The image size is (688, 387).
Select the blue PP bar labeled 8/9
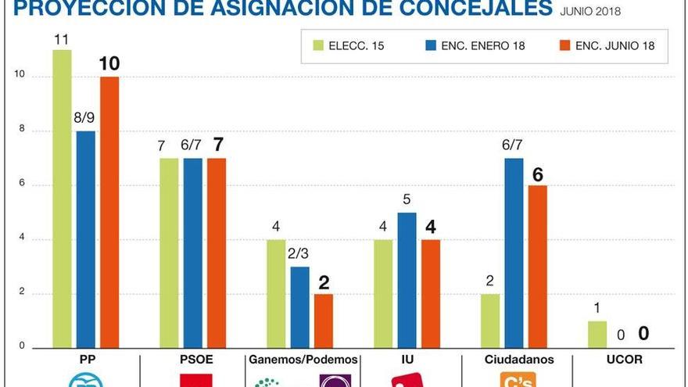[x=85, y=238]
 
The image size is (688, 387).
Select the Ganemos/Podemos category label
[x=303, y=360]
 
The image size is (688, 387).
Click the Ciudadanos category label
[x=518, y=360]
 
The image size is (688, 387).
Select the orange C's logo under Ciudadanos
[x=518, y=381]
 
